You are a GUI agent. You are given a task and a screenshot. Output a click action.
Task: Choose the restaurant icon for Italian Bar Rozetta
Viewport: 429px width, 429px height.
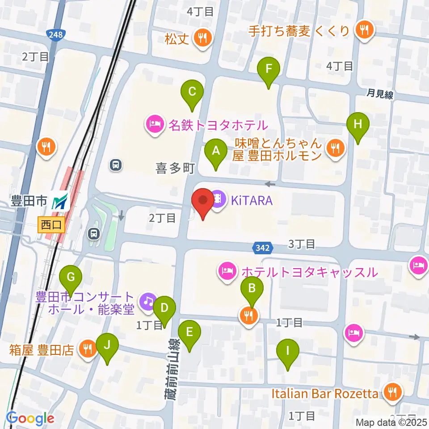pyautogui.click(x=392, y=393)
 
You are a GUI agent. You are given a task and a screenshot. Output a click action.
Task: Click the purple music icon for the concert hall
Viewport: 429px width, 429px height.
pyautogui.click(x=147, y=301)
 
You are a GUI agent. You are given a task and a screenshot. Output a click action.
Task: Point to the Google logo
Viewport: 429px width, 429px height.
pyautogui.click(x=30, y=419)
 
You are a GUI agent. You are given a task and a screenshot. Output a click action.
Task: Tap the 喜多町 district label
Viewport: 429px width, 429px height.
pyautogui.click(x=175, y=168)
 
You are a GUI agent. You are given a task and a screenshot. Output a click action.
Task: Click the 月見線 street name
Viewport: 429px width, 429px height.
pyautogui.click(x=380, y=94)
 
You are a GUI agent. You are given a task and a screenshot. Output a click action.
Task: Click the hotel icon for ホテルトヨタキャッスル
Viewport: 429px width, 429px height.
pyautogui.click(x=227, y=271)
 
